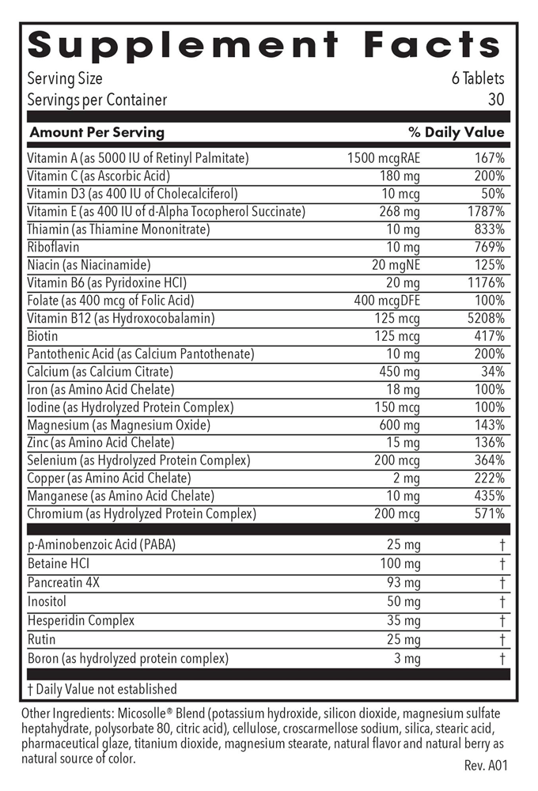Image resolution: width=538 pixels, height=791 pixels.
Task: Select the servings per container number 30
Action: (496, 100)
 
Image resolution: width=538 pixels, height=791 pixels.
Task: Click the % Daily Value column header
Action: (456, 133)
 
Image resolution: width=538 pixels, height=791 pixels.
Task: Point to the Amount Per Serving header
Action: (96, 133)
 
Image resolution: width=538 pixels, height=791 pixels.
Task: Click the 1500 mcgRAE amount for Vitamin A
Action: (384, 158)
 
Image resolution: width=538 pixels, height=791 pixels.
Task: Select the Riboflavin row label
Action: (53, 248)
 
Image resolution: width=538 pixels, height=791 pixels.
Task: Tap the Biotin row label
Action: (43, 336)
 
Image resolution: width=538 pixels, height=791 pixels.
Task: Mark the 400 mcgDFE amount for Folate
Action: (387, 301)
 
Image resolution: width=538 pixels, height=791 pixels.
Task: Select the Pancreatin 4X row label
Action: (64, 584)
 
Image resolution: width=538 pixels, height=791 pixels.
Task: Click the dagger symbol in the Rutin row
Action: (502, 640)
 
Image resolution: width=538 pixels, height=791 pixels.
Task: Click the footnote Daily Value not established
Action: (102, 690)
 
